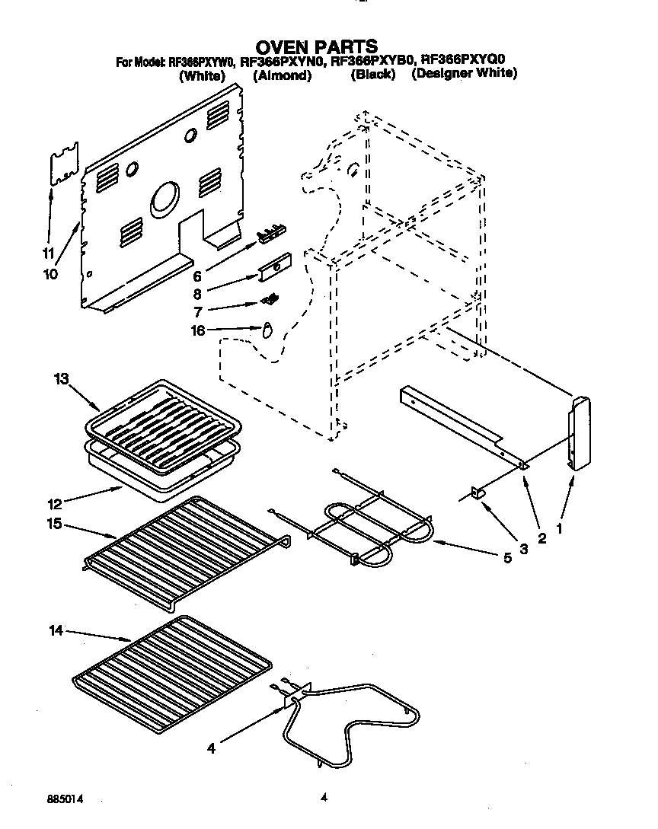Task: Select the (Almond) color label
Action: (x=282, y=75)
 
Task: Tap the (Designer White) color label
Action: (x=465, y=74)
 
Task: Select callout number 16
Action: (x=197, y=330)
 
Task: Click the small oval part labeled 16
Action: (x=267, y=330)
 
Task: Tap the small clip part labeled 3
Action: (x=479, y=494)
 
